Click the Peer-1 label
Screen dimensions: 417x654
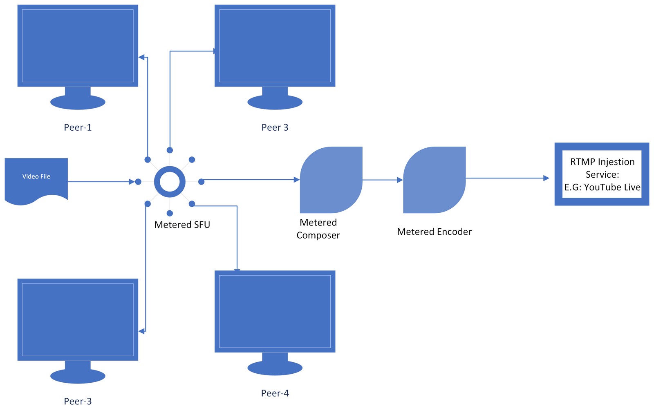(x=78, y=127)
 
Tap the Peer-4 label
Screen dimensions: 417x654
(x=275, y=393)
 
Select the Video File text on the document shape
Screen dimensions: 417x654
(x=36, y=176)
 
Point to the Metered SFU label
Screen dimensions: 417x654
(x=182, y=225)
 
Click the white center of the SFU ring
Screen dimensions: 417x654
(x=170, y=182)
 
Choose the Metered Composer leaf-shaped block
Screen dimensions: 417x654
(x=331, y=180)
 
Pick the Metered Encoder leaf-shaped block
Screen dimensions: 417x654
(x=435, y=180)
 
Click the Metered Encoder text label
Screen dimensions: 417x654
(x=434, y=232)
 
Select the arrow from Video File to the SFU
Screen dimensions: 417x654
(x=100, y=182)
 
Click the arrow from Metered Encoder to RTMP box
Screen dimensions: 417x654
(x=507, y=178)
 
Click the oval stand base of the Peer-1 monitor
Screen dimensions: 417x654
(x=78, y=102)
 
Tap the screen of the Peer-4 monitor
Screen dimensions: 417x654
(x=275, y=311)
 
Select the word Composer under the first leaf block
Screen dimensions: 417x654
(x=318, y=236)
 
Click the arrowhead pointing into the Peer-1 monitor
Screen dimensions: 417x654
(x=141, y=57)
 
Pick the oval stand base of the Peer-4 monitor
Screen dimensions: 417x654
(x=275, y=368)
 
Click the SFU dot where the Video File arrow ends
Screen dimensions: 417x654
(x=138, y=182)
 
